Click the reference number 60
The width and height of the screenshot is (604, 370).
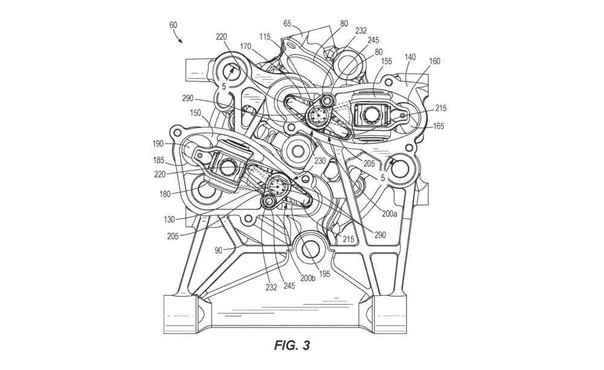(x=173, y=25)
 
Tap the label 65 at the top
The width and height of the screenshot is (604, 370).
(x=288, y=24)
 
